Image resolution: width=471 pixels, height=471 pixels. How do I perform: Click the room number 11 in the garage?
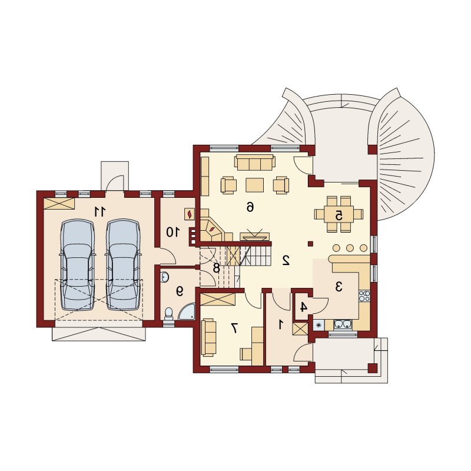(x=99, y=211)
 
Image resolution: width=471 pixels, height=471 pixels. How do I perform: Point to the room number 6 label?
(x=250, y=207)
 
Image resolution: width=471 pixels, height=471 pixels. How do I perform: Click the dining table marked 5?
(x=339, y=214)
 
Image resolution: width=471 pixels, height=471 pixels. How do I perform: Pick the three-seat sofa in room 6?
(x=255, y=162)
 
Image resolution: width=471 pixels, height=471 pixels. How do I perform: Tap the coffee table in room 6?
(x=255, y=185)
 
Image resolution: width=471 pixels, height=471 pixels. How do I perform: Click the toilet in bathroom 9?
(x=169, y=314)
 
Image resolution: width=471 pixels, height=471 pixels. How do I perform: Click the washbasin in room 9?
(x=165, y=277)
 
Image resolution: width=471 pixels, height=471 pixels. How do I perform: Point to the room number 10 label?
(x=173, y=232)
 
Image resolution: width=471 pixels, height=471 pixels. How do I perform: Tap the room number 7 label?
(x=234, y=329)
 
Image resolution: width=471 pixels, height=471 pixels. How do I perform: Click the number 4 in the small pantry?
(x=304, y=307)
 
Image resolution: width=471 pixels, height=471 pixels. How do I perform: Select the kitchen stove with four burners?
(x=364, y=296)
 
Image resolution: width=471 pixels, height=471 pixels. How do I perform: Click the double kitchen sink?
(x=343, y=324)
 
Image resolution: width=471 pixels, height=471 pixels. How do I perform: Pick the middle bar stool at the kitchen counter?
(x=350, y=248)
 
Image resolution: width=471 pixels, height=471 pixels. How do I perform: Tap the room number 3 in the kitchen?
(x=339, y=287)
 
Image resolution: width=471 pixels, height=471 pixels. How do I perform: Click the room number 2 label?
(x=286, y=260)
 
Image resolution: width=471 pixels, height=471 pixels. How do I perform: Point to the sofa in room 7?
(x=208, y=338)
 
